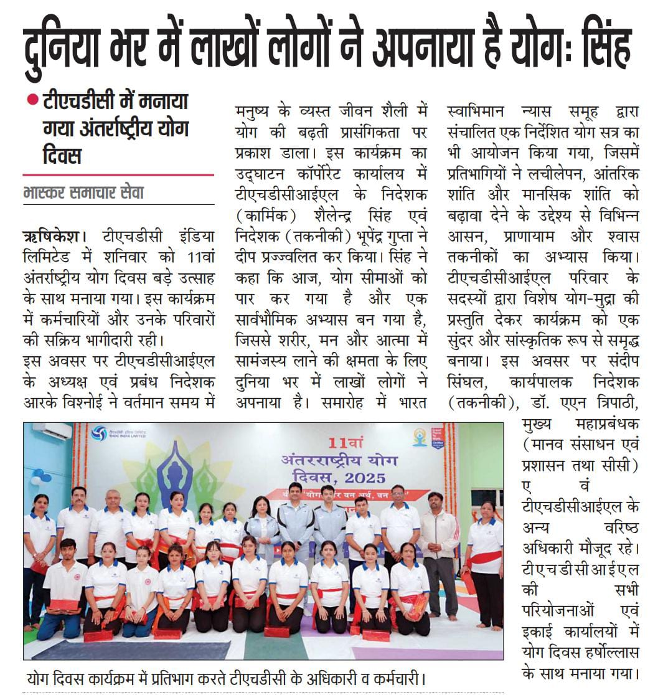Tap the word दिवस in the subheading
pos(62,154)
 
